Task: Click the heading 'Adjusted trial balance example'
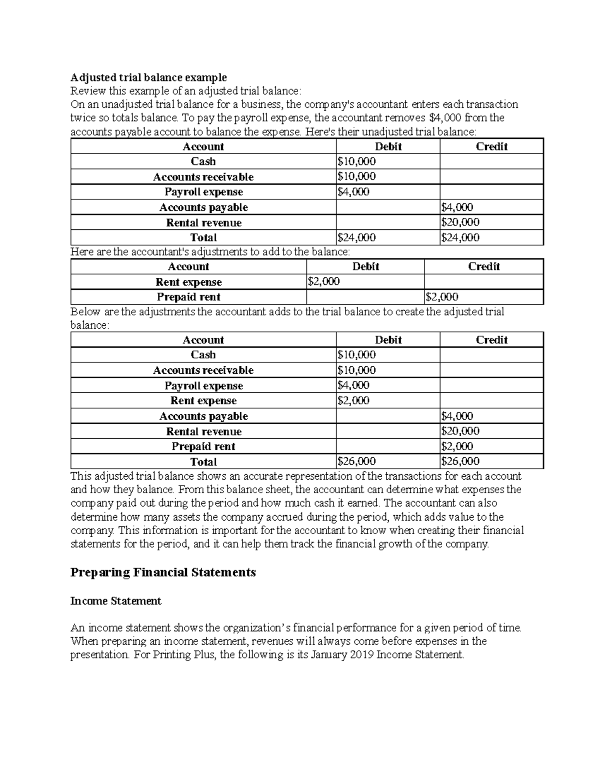[148, 77]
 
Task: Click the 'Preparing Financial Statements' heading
[163, 572]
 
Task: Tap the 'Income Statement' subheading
[115, 601]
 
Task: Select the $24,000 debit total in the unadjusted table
[356, 238]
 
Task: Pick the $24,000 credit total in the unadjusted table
[459, 238]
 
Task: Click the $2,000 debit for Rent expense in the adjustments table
[323, 282]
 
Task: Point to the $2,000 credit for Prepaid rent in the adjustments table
[442, 297]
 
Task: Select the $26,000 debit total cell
[356, 462]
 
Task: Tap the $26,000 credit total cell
[459, 462]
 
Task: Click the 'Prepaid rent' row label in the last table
[203, 447]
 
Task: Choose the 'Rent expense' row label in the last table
[203, 401]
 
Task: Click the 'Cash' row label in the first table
[203, 161]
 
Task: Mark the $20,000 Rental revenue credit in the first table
[459, 222]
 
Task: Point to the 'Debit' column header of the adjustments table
[365, 267]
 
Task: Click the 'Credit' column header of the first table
[491, 146]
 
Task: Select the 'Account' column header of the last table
[203, 340]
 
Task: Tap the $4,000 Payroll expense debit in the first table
[353, 192]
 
